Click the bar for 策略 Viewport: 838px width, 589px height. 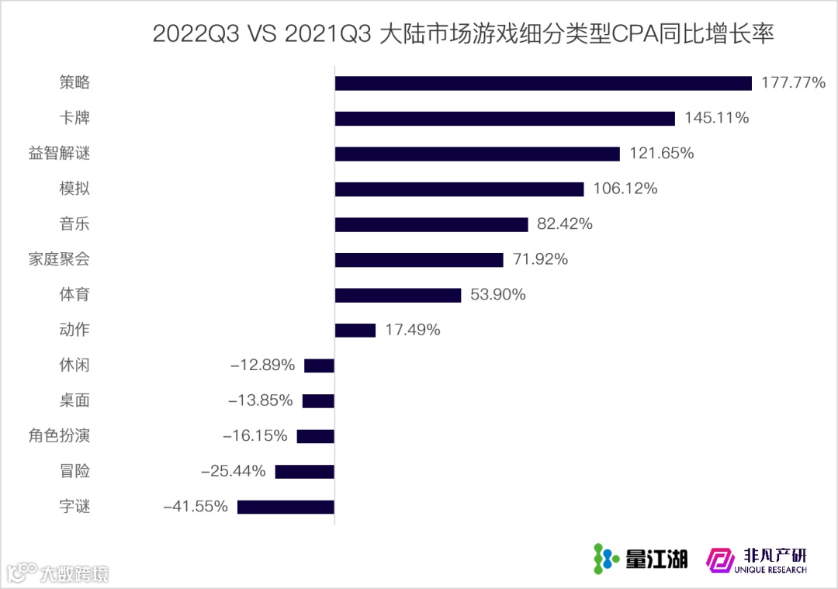[x=543, y=83]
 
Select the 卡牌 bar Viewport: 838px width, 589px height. [x=504, y=118]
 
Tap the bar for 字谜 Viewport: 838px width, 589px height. [x=286, y=507]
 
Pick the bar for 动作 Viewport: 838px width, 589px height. [x=355, y=330]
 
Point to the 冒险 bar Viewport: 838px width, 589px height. [x=304, y=471]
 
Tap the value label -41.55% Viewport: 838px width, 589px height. [x=196, y=507]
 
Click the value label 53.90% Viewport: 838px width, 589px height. [x=498, y=295]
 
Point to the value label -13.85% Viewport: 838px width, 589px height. [x=261, y=400]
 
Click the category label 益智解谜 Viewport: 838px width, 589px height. [x=60, y=154]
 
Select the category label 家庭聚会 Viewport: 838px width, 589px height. [x=60, y=259]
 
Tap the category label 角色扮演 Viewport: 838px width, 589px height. [x=60, y=436]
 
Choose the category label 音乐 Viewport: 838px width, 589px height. [x=74, y=224]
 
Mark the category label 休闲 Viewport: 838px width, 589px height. [x=74, y=365]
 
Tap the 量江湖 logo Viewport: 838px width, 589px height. [x=640, y=557]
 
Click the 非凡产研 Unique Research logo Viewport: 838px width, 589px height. [x=757, y=559]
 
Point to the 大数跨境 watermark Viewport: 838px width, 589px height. [x=58, y=573]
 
